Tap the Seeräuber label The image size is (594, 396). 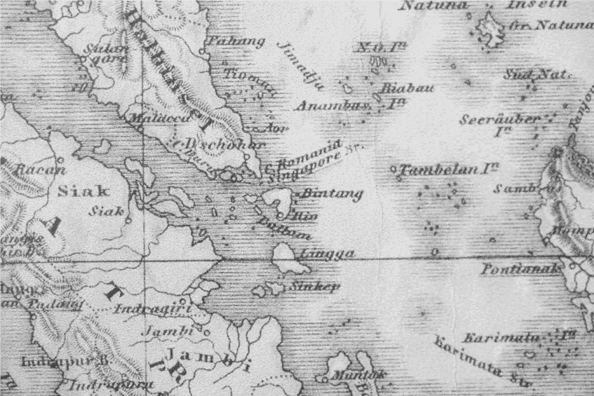tap(499, 119)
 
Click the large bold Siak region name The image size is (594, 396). tap(83, 191)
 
